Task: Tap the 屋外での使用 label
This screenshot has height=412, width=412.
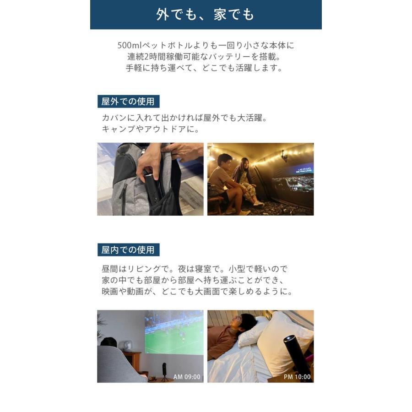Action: point(128,101)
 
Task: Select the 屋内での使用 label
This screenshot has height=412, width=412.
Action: point(128,250)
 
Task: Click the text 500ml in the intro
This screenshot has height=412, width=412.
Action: point(130,46)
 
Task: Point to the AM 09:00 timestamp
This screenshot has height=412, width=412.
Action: point(187,377)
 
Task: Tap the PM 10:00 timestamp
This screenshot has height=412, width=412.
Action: point(297,377)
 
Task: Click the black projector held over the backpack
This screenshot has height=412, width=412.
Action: point(152,186)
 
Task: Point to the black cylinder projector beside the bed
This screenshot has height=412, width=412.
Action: point(293,353)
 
